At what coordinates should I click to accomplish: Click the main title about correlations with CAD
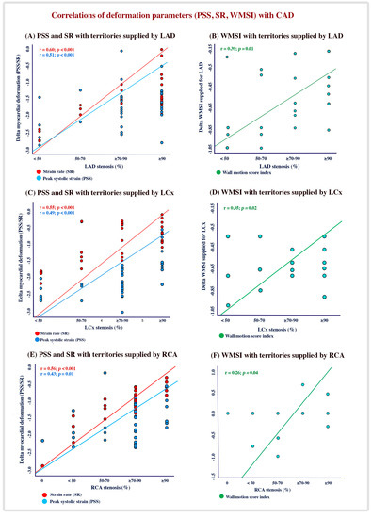click(x=186, y=13)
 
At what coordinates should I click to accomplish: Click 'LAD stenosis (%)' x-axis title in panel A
click(x=101, y=166)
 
